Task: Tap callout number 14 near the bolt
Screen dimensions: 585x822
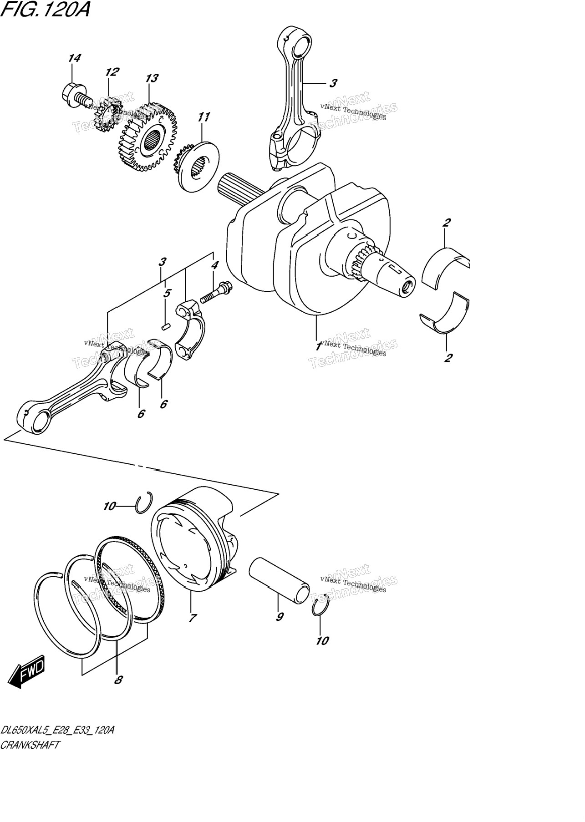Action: pos(74,58)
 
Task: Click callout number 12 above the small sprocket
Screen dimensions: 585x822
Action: pos(112,72)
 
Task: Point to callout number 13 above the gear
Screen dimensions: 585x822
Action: pos(152,78)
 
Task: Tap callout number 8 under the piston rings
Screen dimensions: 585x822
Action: pos(118,680)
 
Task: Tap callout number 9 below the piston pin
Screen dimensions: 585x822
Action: pos(280,617)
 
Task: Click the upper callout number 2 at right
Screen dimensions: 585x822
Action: pos(447,223)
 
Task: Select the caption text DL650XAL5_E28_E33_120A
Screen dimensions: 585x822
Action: pos(57,731)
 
